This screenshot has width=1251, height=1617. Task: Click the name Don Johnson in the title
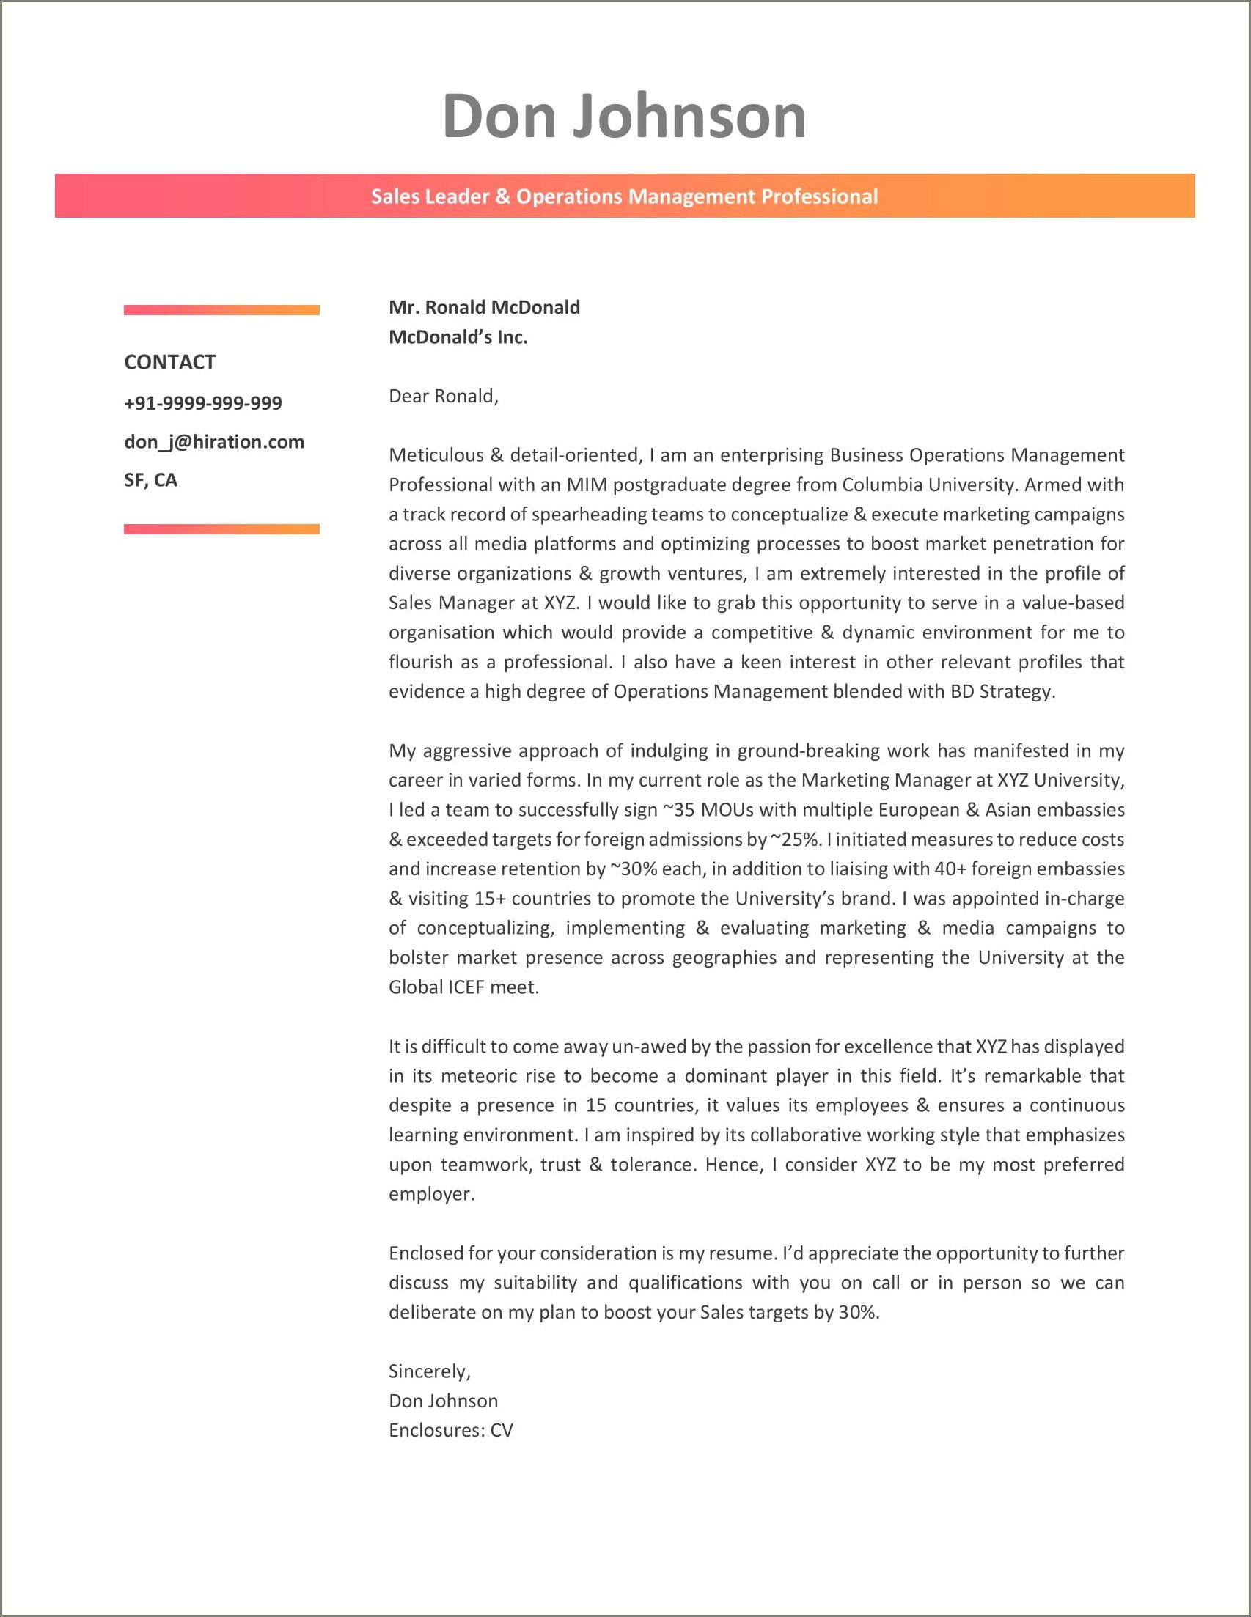click(623, 117)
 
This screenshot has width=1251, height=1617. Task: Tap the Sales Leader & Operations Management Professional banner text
click(623, 196)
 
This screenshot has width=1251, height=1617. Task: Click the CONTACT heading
click(169, 362)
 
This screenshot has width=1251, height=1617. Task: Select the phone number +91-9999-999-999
click(203, 402)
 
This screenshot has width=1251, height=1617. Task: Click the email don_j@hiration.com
click(214, 442)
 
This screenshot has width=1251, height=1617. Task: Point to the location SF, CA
click(150, 480)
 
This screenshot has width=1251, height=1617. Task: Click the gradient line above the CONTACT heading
click(221, 310)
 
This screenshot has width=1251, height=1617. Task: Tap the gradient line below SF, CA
click(221, 528)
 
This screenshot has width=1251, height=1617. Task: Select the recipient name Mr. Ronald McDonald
click(484, 307)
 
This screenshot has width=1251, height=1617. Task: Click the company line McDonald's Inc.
click(458, 337)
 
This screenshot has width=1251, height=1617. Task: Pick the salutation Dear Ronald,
click(443, 396)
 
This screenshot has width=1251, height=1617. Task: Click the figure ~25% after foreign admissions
click(796, 839)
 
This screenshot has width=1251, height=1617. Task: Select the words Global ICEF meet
click(463, 987)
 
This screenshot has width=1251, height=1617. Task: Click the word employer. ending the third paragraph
click(431, 1193)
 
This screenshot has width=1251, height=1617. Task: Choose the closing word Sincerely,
click(430, 1371)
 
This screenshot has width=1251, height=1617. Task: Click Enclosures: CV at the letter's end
click(450, 1429)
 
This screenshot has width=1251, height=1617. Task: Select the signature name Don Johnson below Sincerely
click(443, 1401)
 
